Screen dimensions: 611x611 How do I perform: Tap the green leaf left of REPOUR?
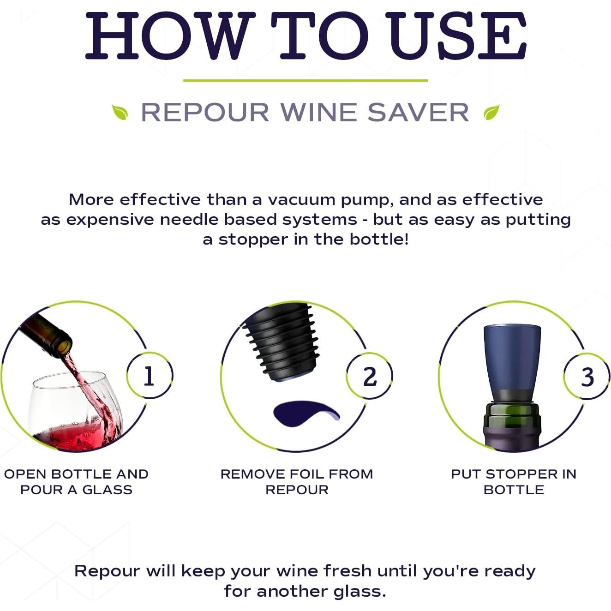pyautogui.click(x=120, y=112)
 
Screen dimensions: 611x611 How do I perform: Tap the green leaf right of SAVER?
pyautogui.click(x=491, y=112)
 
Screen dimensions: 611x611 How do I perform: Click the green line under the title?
pyautogui.click(x=305, y=81)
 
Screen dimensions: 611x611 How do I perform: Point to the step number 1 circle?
pyautogui.click(x=149, y=376)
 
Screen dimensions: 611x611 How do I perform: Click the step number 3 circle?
pyautogui.click(x=587, y=377)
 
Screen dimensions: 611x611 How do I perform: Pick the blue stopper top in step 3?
pyautogui.click(x=512, y=358)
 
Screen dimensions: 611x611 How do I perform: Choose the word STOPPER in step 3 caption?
pyautogui.click(x=522, y=474)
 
